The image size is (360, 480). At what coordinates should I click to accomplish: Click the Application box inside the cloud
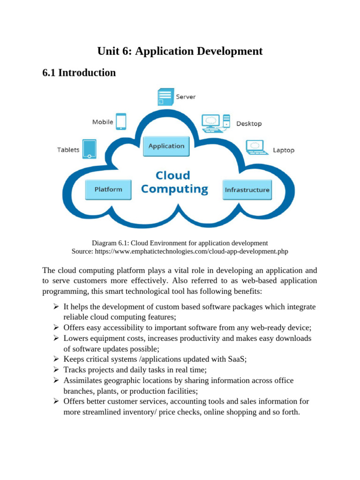tap(166, 146)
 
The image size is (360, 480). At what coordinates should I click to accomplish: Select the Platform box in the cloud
tap(108, 189)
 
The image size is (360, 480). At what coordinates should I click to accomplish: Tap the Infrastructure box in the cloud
tap(247, 190)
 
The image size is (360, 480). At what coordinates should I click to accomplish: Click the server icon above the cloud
tap(165, 97)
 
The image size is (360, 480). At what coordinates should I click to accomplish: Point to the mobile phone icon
tap(121, 121)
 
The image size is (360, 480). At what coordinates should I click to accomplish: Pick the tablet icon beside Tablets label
tap(89, 149)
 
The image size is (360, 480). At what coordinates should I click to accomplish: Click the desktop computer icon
tap(216, 122)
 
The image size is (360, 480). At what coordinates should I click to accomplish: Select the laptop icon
tap(257, 148)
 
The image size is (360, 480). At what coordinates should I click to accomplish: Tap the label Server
tap(186, 97)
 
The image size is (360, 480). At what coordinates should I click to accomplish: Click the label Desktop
tap(249, 124)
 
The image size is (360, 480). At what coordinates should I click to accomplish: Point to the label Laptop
tap(284, 150)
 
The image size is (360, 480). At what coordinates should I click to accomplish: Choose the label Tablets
tap(68, 150)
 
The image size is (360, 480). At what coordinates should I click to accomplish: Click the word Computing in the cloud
tap(174, 189)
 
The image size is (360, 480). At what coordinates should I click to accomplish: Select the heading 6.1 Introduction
tap(79, 73)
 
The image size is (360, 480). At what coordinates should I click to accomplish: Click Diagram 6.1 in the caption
tap(110, 243)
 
